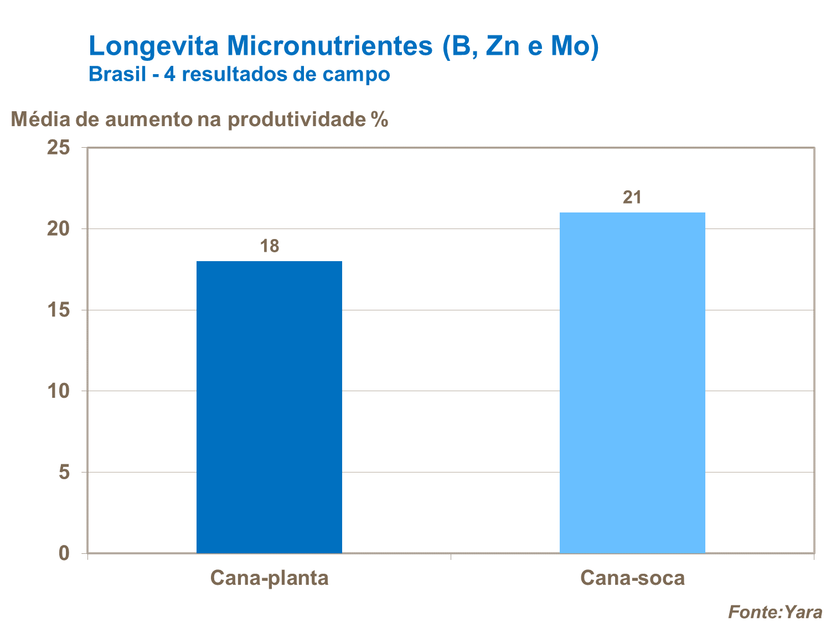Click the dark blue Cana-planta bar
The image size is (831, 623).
(x=269, y=407)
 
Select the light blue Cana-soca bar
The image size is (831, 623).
(x=632, y=382)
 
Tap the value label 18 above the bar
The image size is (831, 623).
(x=270, y=246)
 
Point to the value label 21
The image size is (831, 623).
(x=632, y=198)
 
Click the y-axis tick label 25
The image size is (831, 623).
(x=58, y=148)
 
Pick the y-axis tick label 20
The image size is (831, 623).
(x=58, y=229)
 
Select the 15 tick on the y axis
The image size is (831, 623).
(x=58, y=310)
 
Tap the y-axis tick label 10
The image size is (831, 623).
(x=58, y=391)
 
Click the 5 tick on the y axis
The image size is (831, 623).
(x=64, y=473)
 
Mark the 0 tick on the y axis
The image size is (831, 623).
(x=64, y=553)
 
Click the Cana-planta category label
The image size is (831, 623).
(x=269, y=578)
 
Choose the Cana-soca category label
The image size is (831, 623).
(x=632, y=578)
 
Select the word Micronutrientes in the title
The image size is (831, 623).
(x=330, y=46)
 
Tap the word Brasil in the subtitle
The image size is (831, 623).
(x=117, y=74)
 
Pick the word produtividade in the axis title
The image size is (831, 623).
(x=297, y=119)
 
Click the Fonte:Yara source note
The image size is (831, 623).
(x=775, y=612)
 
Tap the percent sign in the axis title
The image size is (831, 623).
(x=380, y=119)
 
